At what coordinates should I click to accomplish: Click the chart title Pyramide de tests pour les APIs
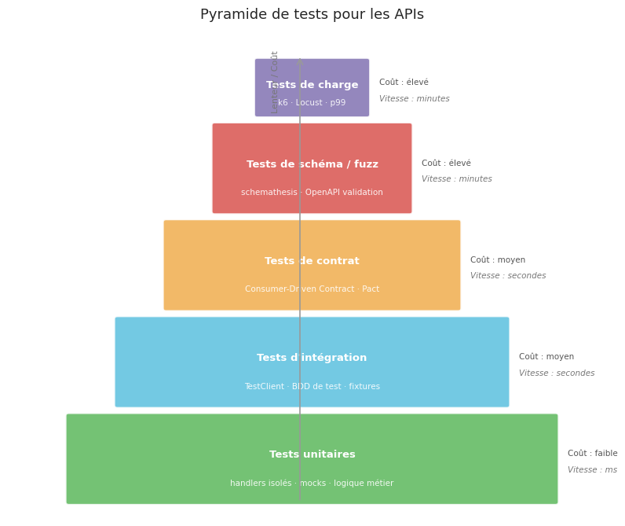312,15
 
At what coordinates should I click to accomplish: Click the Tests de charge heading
312,85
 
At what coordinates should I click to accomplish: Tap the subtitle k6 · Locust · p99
312,103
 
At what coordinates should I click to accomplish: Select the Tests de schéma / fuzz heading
312,164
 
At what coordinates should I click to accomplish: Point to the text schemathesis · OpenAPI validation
312,193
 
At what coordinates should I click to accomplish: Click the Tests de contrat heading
312,261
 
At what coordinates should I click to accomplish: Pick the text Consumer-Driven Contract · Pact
312,289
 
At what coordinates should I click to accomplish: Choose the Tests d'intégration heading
312,358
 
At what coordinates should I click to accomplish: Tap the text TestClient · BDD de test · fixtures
312,387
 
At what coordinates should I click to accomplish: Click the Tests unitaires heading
312,454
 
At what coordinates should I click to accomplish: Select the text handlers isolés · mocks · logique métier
312,484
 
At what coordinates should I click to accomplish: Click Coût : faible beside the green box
592,454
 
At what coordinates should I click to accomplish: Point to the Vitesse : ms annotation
592,470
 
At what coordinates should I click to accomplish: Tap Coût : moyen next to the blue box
546,357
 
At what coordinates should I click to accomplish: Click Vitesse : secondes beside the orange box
507,276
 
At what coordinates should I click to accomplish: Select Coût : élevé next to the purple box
404,83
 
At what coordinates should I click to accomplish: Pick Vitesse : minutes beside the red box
456,179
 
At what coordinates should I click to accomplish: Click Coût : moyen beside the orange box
497,260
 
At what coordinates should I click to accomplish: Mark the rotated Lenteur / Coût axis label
275,82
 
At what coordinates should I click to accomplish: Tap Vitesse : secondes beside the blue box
556,373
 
